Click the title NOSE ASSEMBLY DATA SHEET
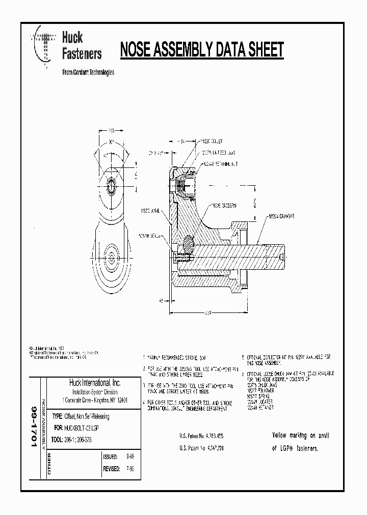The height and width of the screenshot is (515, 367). coord(201,50)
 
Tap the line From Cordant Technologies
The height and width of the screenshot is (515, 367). coord(88,72)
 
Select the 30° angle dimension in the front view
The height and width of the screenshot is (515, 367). coord(111,143)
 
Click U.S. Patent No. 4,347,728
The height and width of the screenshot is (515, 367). coord(201,448)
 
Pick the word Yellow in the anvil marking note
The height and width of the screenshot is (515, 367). coord(281,435)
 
